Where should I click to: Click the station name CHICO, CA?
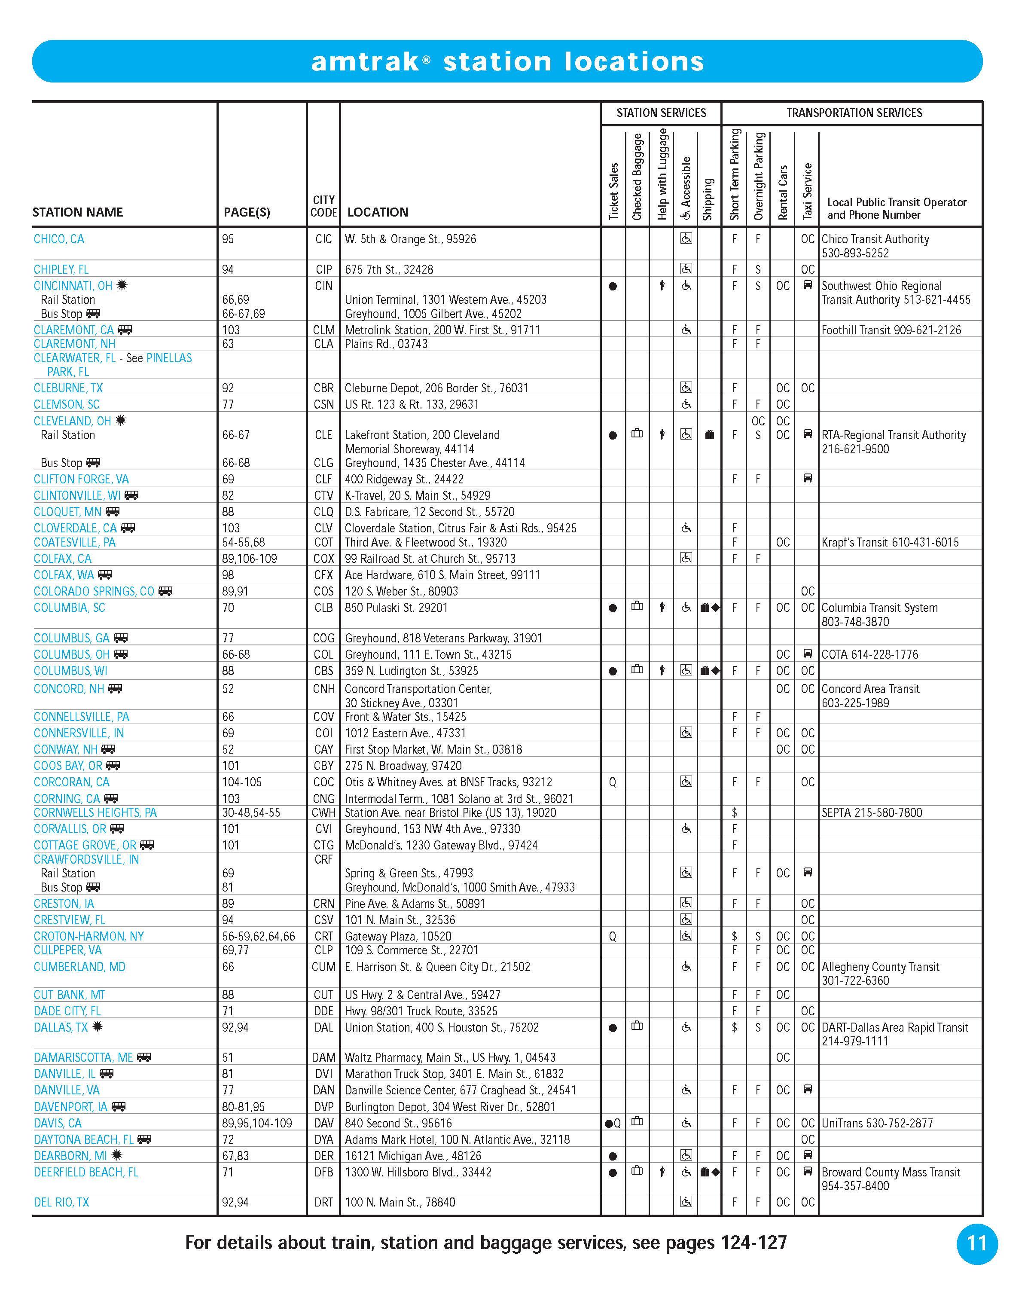pos(58,239)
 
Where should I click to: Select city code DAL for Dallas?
pos(323,1027)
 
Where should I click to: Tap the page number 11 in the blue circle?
pos(976,1243)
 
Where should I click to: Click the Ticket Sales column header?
pos(613,191)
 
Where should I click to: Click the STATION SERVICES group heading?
pos(661,113)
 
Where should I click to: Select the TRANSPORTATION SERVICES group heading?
pos(854,113)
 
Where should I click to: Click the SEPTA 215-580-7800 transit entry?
pos(872,812)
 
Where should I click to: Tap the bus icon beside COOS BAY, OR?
pos(113,765)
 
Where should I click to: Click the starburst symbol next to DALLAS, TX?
pos(98,1026)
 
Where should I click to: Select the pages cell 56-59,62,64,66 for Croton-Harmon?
pos(258,936)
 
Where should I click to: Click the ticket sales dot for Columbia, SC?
pos(613,608)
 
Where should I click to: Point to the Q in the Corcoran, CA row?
pos(613,782)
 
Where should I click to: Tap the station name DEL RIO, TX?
pos(61,1202)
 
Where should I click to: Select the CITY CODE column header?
pos(323,206)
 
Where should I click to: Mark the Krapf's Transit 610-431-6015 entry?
pos(889,542)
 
